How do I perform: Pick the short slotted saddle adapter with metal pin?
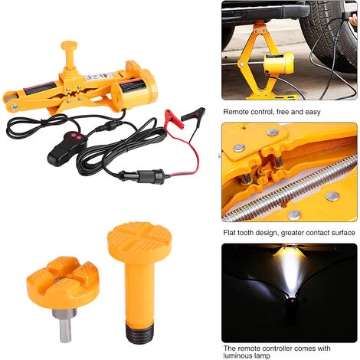point(60,280)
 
